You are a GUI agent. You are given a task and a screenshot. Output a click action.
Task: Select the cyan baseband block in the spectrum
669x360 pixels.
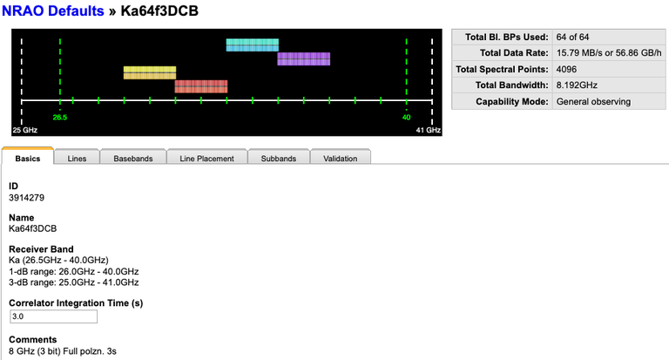pyautogui.click(x=252, y=44)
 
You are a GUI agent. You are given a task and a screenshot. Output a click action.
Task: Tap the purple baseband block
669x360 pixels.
pyautogui.click(x=303, y=58)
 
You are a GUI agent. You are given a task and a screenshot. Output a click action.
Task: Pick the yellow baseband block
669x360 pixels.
pyautogui.click(x=149, y=72)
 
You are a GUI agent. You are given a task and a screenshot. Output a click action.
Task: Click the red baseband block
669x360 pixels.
pyautogui.click(x=200, y=86)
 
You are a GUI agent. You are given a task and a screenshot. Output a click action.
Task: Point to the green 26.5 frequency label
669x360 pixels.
pyautogui.click(x=59, y=117)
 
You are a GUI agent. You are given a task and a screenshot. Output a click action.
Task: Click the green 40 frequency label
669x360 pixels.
pyautogui.click(x=406, y=117)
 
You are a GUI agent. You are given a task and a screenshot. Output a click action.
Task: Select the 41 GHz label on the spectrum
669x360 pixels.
pyautogui.click(x=428, y=129)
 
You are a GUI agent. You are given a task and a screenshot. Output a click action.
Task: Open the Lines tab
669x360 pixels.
pyautogui.click(x=77, y=159)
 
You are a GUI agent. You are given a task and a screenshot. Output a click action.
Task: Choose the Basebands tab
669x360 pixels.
pyautogui.click(x=133, y=159)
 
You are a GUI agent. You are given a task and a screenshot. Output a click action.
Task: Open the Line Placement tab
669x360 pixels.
pyautogui.click(x=206, y=159)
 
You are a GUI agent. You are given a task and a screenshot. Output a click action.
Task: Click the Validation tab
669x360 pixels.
pyautogui.click(x=340, y=159)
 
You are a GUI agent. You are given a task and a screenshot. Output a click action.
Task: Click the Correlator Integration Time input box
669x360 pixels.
pyautogui.click(x=52, y=316)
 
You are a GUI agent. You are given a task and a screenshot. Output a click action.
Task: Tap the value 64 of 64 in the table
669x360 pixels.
pyautogui.click(x=575, y=37)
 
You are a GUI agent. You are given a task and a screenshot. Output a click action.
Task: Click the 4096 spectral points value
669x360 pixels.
pyautogui.click(x=568, y=69)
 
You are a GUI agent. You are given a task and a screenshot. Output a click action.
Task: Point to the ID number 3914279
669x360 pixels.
pyautogui.click(x=26, y=198)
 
